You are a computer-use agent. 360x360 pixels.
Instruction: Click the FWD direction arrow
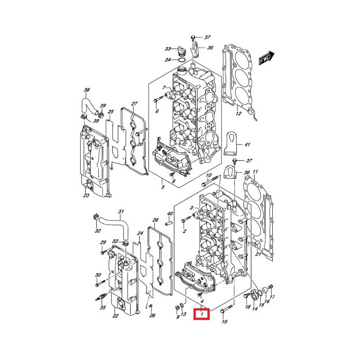(x=266, y=58)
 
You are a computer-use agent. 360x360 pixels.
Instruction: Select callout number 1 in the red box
(x=202, y=314)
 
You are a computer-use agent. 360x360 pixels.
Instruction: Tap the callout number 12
(x=238, y=113)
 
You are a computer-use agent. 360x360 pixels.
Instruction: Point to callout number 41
(x=247, y=144)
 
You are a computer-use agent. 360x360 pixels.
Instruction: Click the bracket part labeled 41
(x=229, y=143)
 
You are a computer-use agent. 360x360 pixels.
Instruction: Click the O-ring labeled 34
(x=181, y=60)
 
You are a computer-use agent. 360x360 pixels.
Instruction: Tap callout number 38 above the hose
(x=87, y=90)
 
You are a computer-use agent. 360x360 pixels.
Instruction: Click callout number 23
(x=86, y=195)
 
